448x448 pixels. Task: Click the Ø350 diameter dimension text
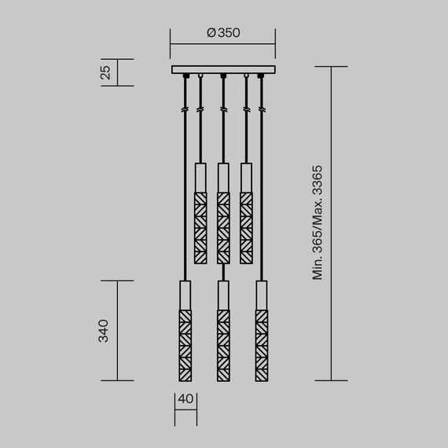(222, 33)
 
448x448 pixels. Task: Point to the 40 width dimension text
(185, 398)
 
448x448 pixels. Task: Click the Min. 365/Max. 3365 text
(318, 224)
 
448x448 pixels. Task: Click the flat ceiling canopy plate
(223, 70)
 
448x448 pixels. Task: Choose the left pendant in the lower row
(185, 330)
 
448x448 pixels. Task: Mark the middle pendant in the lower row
(223, 330)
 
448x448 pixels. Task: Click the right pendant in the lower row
(261, 330)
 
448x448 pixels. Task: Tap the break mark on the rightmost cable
(261, 110)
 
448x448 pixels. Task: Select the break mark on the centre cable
(223, 110)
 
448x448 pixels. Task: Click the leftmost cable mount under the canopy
(185, 76)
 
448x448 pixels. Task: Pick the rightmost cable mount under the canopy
(261, 76)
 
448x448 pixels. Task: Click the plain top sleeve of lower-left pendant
(185, 295)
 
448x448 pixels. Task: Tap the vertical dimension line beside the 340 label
(118, 330)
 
